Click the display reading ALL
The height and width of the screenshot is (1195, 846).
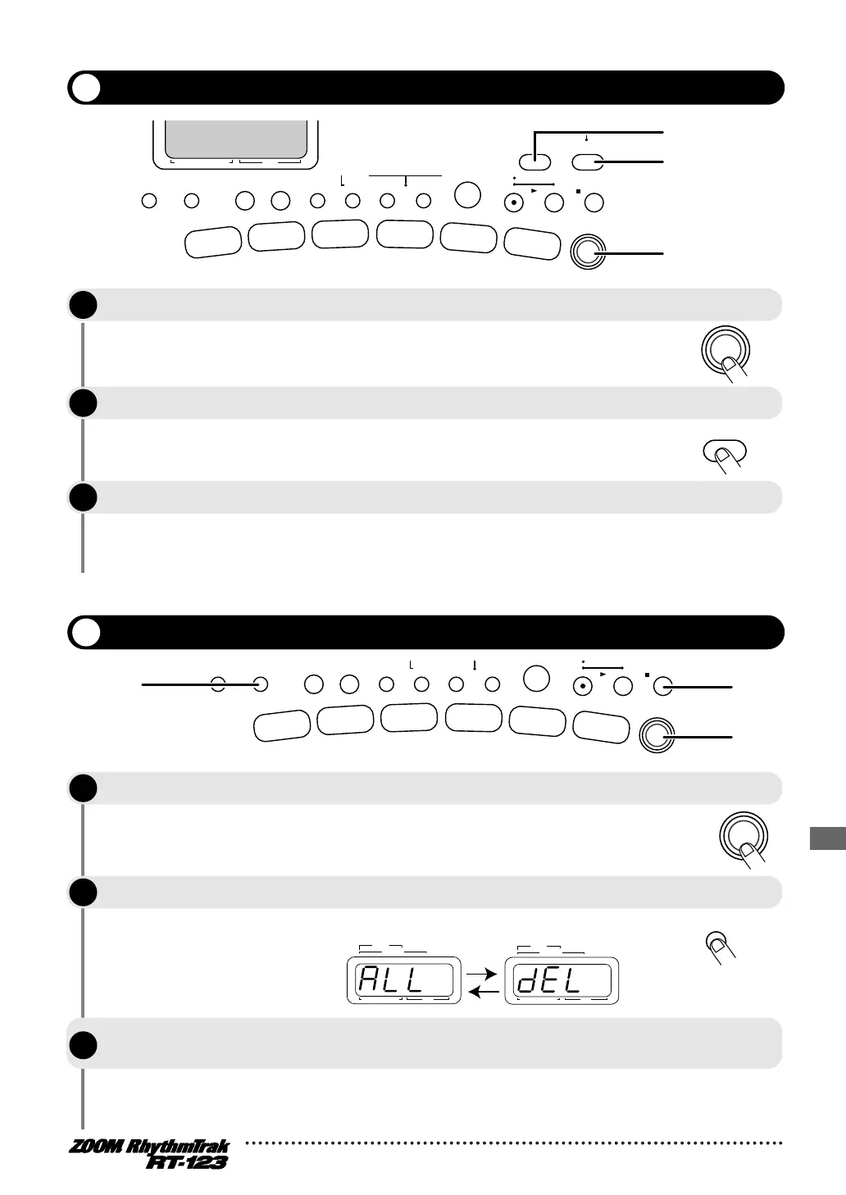(x=403, y=979)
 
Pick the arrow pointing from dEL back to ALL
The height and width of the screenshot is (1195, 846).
(x=482, y=993)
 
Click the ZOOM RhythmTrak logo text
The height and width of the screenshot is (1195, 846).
(x=148, y=1147)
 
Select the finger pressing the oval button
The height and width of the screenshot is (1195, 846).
(x=728, y=459)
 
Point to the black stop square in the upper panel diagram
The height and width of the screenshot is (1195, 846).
(x=579, y=193)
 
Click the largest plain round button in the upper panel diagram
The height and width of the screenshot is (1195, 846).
(x=467, y=195)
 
